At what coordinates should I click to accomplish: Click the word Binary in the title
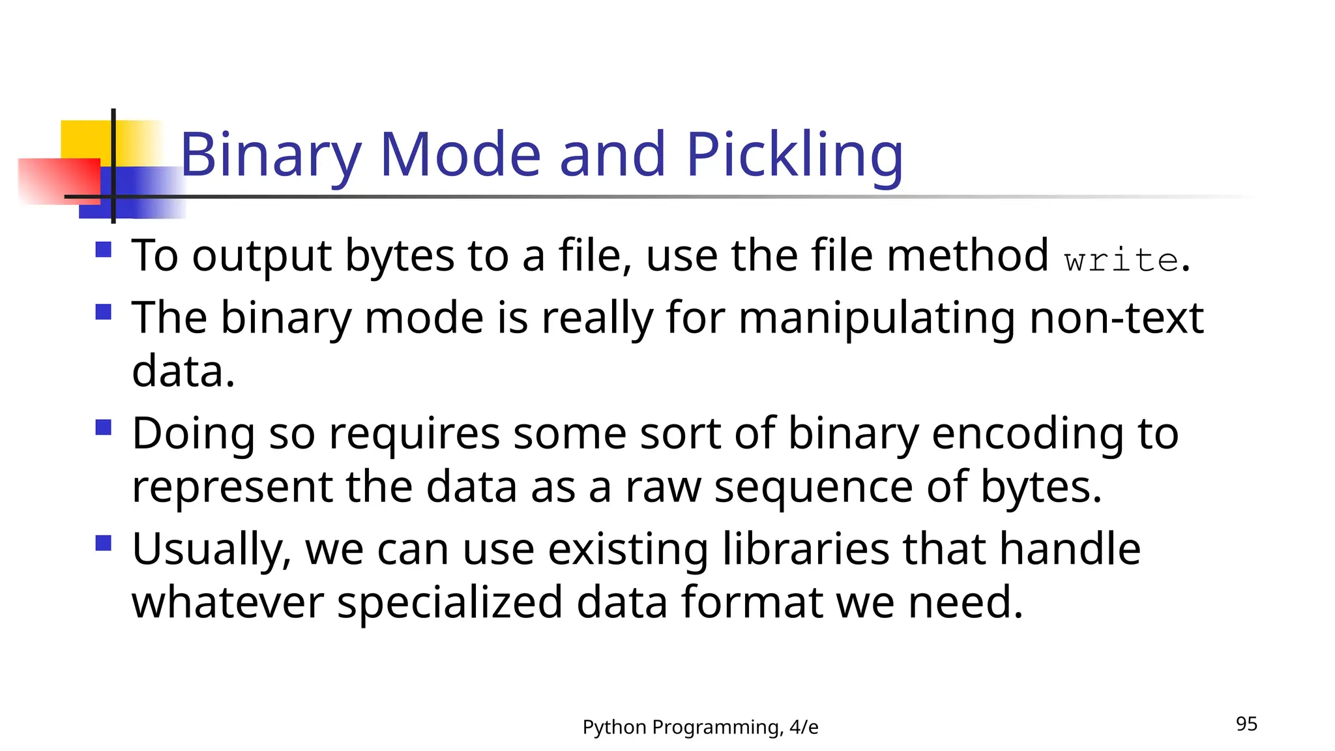coord(271,155)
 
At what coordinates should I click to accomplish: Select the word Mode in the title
coord(460,155)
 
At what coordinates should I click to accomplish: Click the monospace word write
coord(1121,260)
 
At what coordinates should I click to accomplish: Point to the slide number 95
coord(1246,724)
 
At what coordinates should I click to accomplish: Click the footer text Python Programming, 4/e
coord(700,727)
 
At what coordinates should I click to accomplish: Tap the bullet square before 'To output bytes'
coord(104,250)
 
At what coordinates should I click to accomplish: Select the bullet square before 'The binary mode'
coord(104,312)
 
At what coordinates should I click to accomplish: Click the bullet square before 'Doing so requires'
coord(104,428)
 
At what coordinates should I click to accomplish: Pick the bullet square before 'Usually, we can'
coord(104,543)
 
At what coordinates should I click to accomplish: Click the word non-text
coord(1116,318)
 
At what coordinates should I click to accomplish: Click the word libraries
coord(806,549)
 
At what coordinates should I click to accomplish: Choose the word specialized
coord(450,603)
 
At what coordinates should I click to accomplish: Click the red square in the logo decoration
coord(59,181)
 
